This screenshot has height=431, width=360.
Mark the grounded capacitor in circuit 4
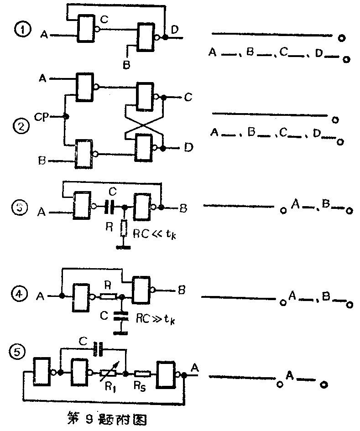(121, 316)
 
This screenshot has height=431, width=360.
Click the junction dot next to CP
(66, 117)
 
